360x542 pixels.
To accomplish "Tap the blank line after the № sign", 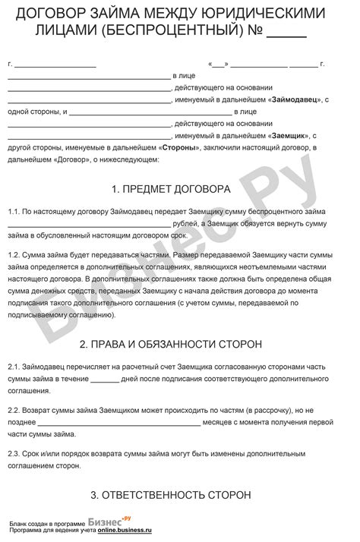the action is coord(288,33).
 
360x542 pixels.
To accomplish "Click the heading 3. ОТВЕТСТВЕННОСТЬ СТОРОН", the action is coord(180,495).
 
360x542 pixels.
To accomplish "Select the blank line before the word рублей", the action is coord(90,225).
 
